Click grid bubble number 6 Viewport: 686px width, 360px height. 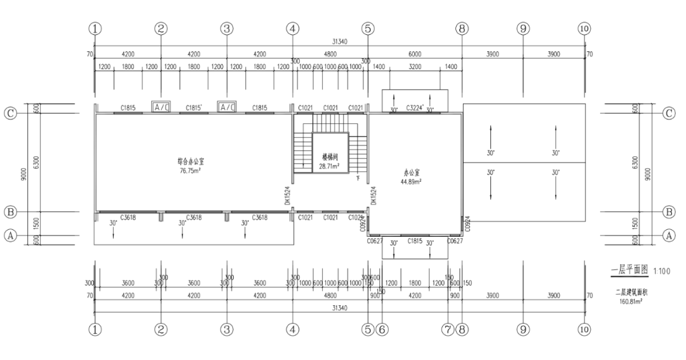tap(382, 329)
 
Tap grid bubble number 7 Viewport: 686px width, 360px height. tap(448, 329)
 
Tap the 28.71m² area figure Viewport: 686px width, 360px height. tap(329, 166)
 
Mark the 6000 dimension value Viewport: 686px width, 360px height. tap(415, 55)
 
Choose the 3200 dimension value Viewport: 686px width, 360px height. tap(415, 66)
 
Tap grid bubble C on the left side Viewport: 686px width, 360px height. tap(10, 114)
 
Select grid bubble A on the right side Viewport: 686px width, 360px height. tap(668, 235)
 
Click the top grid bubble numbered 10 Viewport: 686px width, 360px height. tap(584, 28)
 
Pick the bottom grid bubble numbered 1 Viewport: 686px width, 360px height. tap(95, 329)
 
